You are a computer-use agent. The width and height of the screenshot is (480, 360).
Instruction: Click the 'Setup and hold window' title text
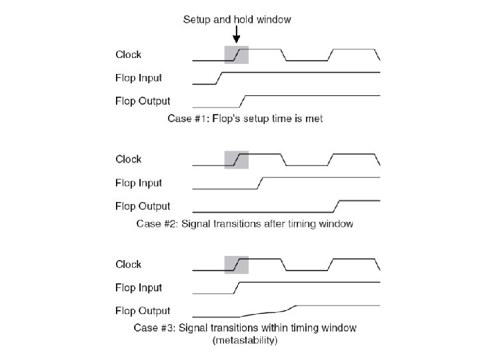[x=237, y=19]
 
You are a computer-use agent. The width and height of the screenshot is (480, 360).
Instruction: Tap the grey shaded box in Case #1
[x=237, y=54]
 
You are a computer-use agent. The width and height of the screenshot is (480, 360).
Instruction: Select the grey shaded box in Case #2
[x=237, y=159]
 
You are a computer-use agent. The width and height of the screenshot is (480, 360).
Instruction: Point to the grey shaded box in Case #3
[x=237, y=264]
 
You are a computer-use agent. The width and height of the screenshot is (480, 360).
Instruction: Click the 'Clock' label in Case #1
[x=128, y=55]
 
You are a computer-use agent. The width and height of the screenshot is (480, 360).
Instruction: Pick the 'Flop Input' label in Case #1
[x=139, y=78]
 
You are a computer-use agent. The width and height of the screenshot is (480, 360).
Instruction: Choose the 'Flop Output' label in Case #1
[x=143, y=101]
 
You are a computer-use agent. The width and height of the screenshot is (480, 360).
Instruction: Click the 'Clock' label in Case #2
[x=128, y=159]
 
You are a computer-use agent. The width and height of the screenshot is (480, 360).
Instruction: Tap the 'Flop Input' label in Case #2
[x=139, y=183]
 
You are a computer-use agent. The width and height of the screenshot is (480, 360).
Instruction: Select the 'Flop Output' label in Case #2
[x=143, y=206]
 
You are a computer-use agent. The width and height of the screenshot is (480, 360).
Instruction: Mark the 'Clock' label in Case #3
[x=128, y=264]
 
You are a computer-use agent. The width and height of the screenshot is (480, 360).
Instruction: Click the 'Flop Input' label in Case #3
[x=139, y=287]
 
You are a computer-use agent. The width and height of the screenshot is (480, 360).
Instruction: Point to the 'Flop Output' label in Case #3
[x=143, y=311]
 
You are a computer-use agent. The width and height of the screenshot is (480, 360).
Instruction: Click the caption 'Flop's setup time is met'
[x=244, y=119]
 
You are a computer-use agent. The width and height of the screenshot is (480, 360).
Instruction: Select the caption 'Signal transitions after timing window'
[x=244, y=224]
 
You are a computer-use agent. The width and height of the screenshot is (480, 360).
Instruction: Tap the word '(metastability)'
[x=245, y=340]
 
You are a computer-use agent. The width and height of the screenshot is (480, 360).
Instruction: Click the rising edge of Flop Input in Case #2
[x=261, y=183]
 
